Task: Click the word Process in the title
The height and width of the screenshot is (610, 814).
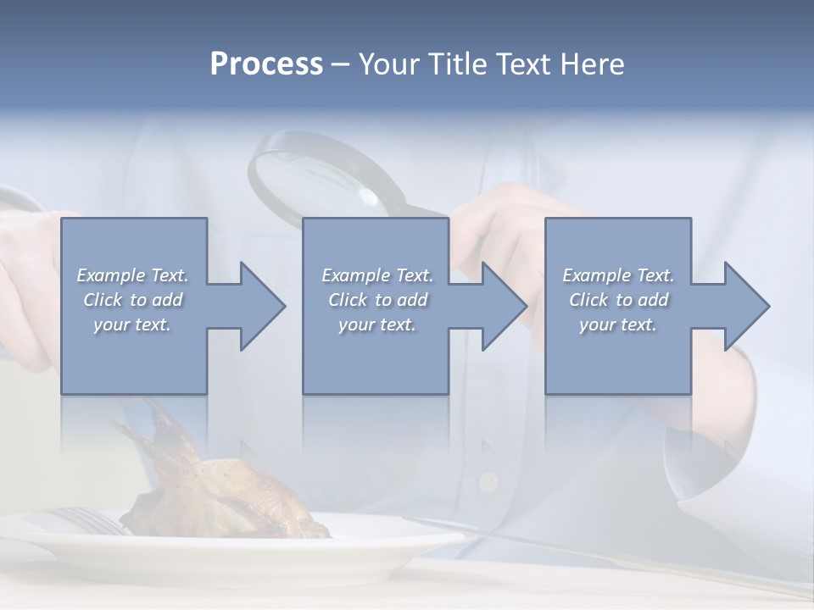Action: pos(266,64)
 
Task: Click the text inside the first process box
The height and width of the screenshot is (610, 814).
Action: pos(132,300)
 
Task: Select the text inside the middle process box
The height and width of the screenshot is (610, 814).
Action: pos(376,300)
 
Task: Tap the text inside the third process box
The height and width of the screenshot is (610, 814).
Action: pos(618,300)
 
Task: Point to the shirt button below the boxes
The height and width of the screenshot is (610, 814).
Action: pos(488,481)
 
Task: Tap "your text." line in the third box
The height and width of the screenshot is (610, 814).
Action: pos(618,324)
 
